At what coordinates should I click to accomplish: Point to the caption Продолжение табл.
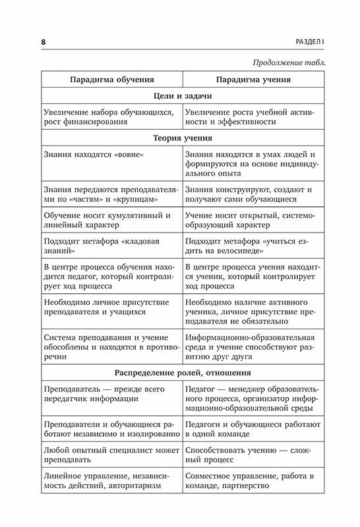pyautogui.click(x=288, y=63)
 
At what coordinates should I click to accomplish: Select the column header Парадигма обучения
pyautogui.click(x=110, y=80)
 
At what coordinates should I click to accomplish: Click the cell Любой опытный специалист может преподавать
pyautogui.click(x=109, y=454)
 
